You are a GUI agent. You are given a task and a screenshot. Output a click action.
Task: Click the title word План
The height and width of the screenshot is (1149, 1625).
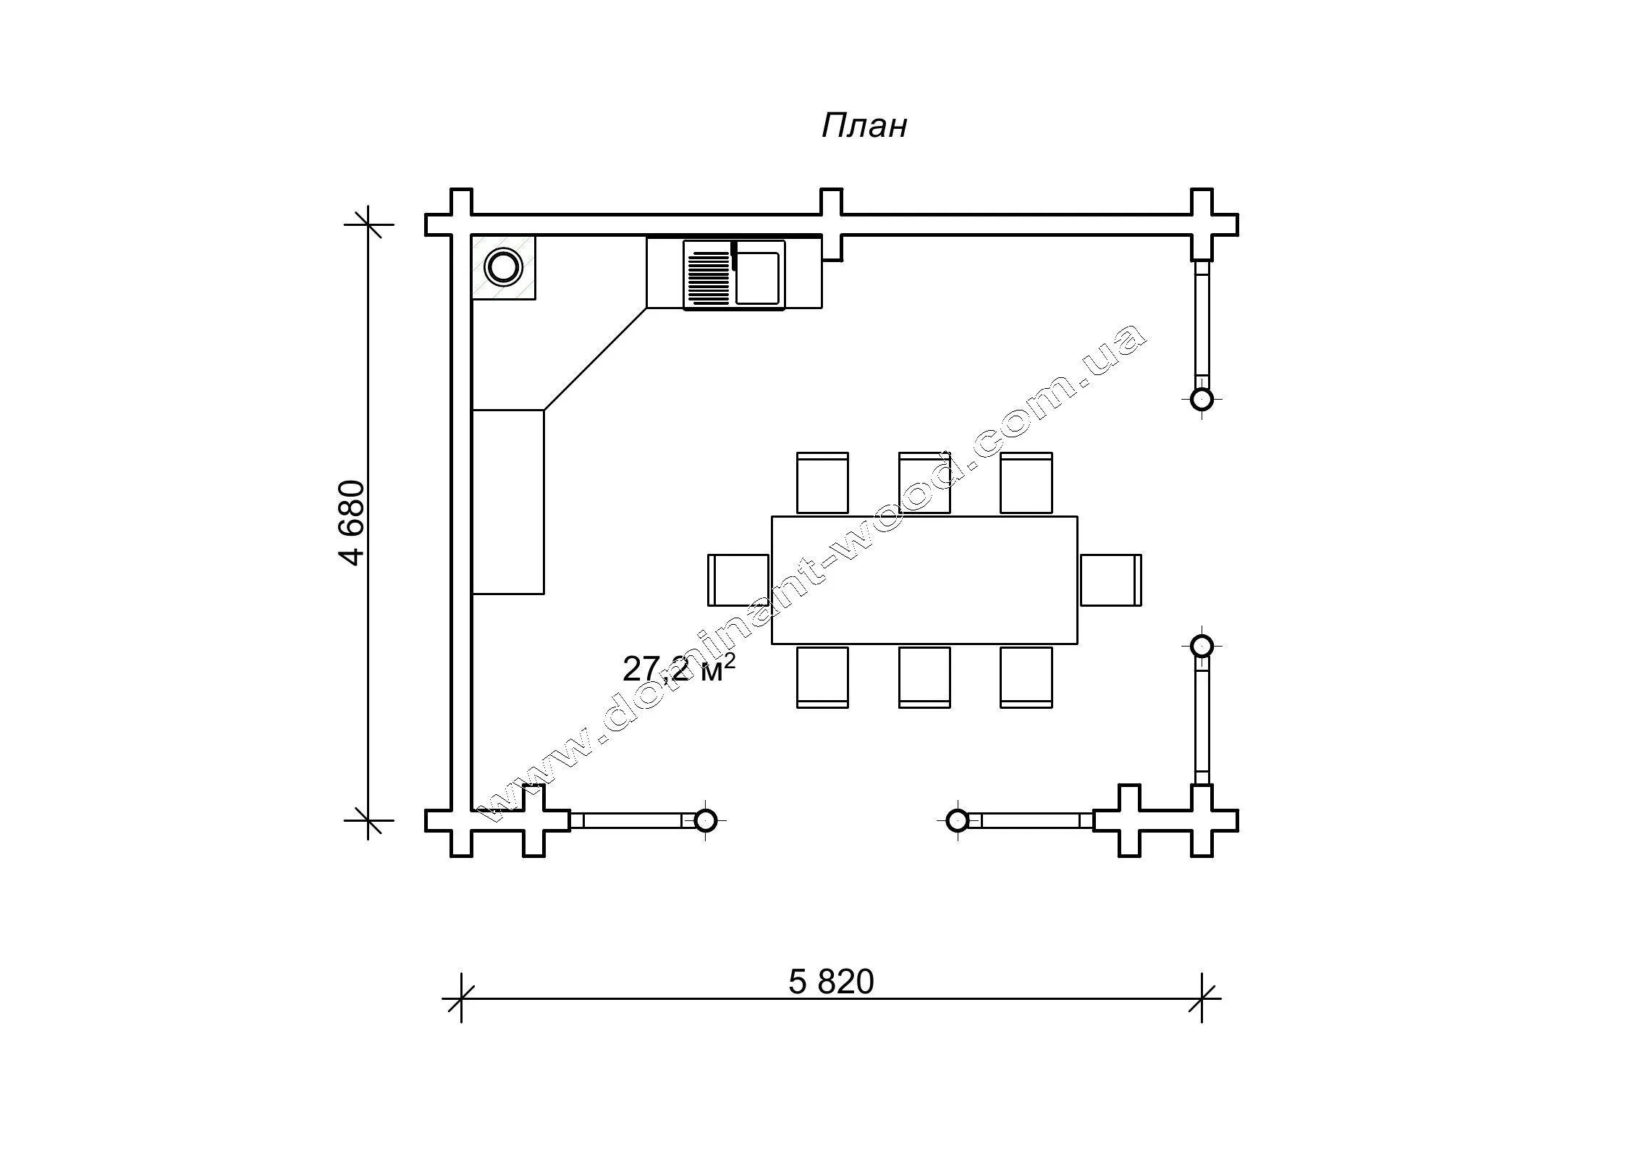864,125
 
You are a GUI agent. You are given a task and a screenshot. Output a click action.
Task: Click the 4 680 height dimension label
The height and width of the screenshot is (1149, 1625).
353,522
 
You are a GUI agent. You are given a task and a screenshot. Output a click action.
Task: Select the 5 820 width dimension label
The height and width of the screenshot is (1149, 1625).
831,982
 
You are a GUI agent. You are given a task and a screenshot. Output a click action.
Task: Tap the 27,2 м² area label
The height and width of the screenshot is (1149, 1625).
678,668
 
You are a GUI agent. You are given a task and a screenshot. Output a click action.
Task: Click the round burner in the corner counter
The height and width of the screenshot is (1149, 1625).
503,267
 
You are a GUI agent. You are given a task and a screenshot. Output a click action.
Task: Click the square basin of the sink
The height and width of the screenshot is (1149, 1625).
758,278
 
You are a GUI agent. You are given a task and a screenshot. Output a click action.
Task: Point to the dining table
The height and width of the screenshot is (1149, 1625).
924,580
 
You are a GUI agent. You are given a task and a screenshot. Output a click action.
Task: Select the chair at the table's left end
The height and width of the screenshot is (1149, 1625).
738,580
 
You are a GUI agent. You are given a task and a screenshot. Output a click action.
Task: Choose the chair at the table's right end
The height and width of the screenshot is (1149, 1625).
1111,580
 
